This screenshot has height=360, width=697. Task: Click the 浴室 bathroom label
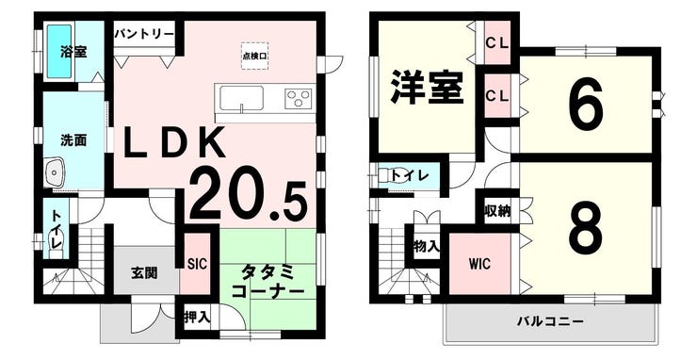(73, 52)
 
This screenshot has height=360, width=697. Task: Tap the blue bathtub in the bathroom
(59, 51)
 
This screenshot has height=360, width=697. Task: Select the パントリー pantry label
(144, 34)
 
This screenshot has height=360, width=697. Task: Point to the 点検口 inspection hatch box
(254, 56)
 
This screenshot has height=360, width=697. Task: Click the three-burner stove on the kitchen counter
(299, 99)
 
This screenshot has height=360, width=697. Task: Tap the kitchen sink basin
(242, 98)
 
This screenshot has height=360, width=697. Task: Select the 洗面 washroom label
(73, 140)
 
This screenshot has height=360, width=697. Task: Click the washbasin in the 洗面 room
(56, 172)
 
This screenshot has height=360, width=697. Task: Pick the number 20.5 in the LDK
(249, 202)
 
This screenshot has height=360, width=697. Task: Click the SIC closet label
(197, 264)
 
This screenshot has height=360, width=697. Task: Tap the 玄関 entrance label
(144, 272)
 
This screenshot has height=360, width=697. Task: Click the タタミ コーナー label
(268, 281)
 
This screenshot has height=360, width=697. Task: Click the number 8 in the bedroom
(586, 226)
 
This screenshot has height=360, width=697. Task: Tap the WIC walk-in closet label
(479, 264)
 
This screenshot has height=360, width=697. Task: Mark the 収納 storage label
(497, 211)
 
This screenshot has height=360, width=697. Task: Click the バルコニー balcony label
(550, 320)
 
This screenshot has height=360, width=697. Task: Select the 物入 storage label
(427, 246)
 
